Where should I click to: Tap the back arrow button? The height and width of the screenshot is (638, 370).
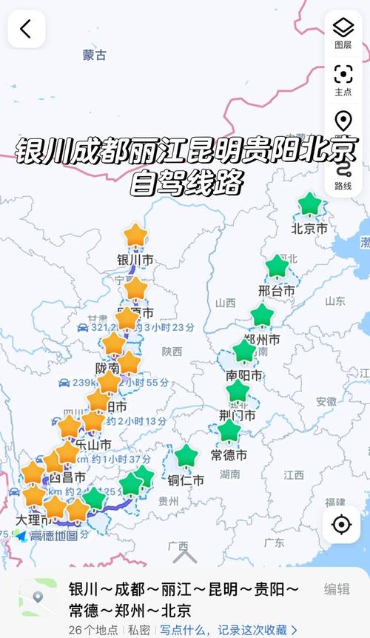click(26, 29)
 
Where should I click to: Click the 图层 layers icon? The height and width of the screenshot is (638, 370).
click(343, 33)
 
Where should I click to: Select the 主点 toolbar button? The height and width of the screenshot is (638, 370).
click(343, 79)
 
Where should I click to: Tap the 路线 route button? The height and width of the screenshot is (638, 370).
click(343, 176)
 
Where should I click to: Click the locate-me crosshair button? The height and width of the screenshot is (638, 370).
click(341, 524)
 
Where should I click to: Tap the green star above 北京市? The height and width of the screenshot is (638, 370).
click(309, 204)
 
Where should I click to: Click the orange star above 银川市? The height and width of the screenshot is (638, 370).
click(135, 236)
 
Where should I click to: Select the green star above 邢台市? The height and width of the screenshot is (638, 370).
click(277, 266)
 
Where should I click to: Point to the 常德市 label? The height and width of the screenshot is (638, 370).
click(229, 454)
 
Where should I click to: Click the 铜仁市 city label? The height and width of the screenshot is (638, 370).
click(186, 480)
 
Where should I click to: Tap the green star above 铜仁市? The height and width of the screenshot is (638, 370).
click(186, 456)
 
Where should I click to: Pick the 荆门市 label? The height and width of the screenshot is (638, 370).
click(238, 415)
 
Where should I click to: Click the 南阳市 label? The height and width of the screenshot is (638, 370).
click(244, 375)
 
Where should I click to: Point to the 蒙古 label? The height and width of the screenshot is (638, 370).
click(94, 55)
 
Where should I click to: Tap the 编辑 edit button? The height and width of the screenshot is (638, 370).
click(337, 589)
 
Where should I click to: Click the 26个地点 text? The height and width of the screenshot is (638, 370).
click(93, 629)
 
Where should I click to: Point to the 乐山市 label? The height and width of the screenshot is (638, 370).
click(93, 444)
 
